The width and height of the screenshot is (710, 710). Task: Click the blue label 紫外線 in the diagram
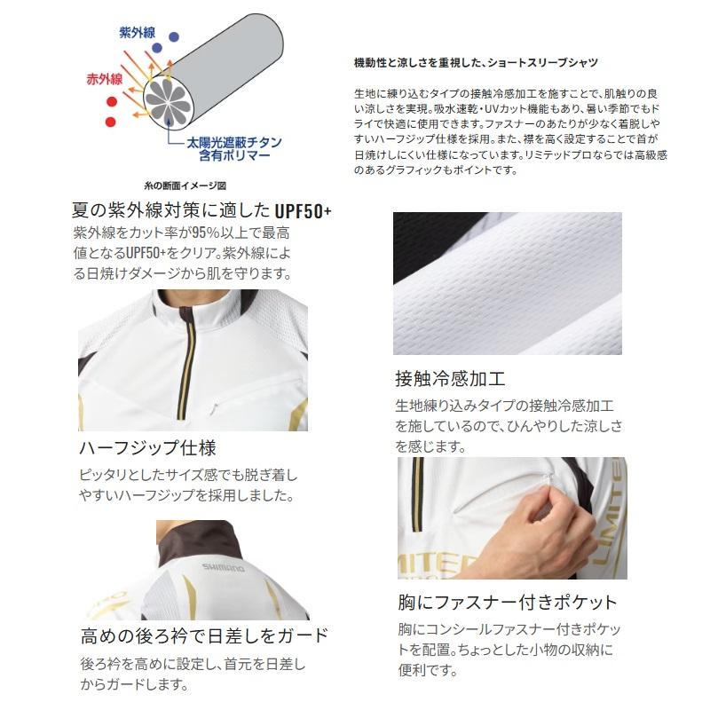(x=138, y=33)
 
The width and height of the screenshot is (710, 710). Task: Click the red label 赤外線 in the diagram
(x=105, y=79)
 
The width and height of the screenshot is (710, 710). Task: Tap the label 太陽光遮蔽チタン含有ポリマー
(x=234, y=149)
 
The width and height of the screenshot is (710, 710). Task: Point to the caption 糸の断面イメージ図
(x=185, y=185)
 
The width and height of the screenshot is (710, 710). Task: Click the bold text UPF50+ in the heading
(x=303, y=211)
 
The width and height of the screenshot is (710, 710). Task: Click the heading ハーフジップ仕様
(x=147, y=448)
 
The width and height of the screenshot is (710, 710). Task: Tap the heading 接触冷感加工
(x=450, y=379)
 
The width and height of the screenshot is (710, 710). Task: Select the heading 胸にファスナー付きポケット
(x=508, y=603)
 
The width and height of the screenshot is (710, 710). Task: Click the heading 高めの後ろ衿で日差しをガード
(x=205, y=635)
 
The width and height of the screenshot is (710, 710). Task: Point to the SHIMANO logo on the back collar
(x=223, y=567)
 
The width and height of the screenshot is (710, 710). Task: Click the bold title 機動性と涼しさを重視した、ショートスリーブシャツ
(x=476, y=62)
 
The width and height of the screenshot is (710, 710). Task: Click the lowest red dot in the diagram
(x=110, y=122)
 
